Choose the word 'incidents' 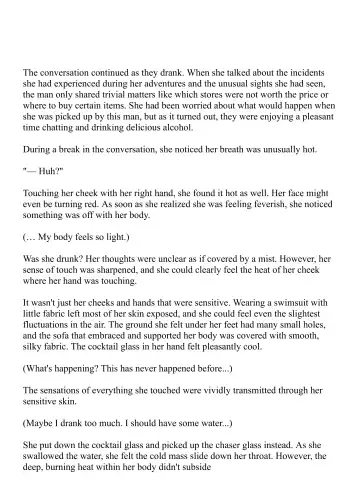click(299, 73)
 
